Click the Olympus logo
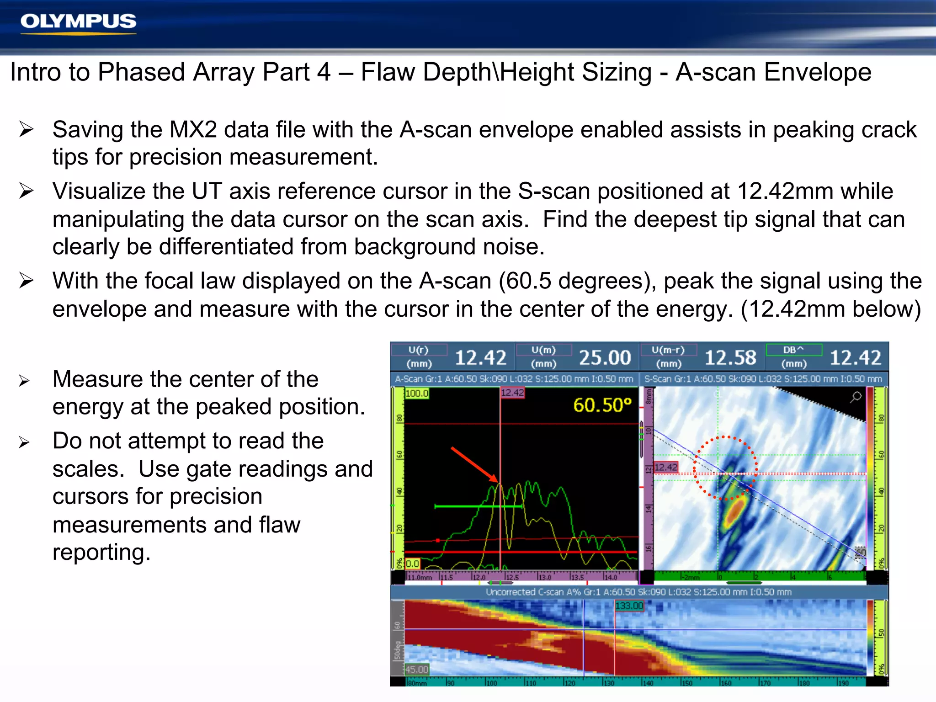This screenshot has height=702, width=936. pos(78,22)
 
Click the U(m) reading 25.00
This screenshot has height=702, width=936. pos(605,357)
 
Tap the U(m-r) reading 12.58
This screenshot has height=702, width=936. pos(730,357)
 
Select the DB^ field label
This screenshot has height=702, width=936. pos(793,350)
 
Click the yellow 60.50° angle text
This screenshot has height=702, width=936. pos(602,405)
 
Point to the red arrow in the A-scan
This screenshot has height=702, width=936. pos(474,464)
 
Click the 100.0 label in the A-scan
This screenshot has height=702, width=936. pos(417,393)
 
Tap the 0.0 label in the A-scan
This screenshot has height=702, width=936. pos(412,564)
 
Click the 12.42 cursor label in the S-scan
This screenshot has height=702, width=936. pos(666,467)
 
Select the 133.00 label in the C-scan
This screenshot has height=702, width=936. pos(629,606)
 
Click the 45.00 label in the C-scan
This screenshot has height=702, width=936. pos(417,669)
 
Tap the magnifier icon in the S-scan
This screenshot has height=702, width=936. pos(856,397)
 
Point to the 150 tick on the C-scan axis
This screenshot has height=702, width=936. pos(687,683)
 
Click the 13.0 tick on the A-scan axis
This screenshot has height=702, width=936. pos(544,577)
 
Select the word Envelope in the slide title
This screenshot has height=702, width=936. pos(818,72)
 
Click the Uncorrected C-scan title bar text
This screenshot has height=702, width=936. pos(638,592)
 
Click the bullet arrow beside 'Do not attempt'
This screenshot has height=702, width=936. pos(24,442)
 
